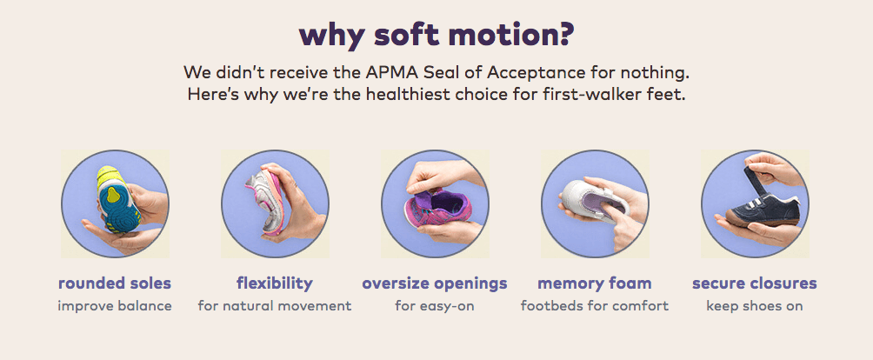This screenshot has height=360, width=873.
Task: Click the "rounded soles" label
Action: tap(115, 283)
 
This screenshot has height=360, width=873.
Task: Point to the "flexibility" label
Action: tap(275, 283)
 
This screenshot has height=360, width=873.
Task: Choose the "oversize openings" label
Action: tap(435, 283)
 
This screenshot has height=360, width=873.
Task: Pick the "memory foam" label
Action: tap(595, 283)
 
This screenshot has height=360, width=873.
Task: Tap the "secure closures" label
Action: tap(755, 283)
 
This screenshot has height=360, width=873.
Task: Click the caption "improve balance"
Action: tap(115, 306)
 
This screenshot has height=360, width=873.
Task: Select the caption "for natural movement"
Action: tap(275, 306)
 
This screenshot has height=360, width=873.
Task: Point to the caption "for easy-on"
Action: tap(435, 306)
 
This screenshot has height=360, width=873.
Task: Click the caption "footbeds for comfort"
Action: tap(595, 306)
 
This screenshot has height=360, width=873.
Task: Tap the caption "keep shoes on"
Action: tap(755, 306)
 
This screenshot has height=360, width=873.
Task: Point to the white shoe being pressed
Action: tap(593, 201)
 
